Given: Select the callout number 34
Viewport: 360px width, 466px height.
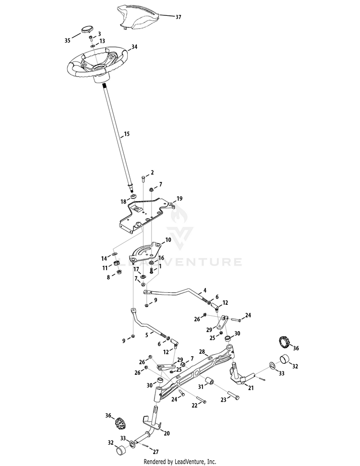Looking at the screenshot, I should pos(134,47).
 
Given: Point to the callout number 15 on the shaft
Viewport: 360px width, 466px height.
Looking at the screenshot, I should pos(127,133).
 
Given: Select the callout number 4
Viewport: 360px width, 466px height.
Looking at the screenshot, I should pos(204,290).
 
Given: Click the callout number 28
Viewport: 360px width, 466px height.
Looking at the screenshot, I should pos(202,352).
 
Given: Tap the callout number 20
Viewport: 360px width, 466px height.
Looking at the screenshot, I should pos(167,433).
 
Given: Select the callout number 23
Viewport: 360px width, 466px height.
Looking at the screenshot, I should pos(223,399).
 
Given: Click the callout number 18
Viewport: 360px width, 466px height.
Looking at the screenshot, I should pos(123,202).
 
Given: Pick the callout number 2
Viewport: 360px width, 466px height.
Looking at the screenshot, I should pos(152,172).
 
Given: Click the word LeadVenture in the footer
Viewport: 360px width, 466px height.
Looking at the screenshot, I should pos(201,462).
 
